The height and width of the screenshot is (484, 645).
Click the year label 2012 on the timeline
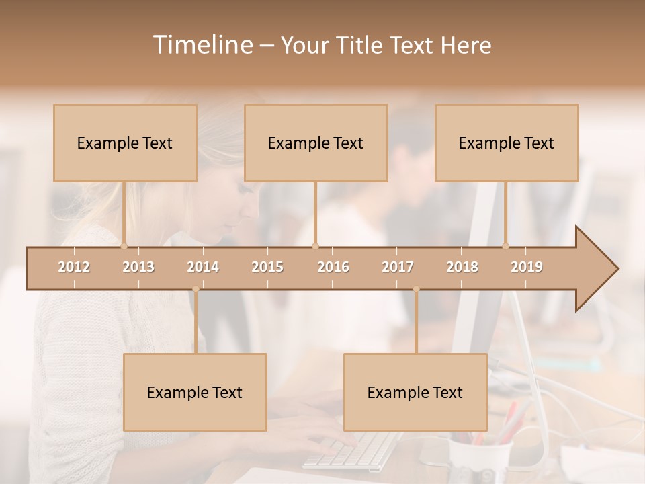(74, 267)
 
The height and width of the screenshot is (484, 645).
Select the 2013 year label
(138, 267)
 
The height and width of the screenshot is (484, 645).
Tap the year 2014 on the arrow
(203, 267)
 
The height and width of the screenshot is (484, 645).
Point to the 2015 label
(267, 267)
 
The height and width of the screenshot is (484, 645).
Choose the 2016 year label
(333, 267)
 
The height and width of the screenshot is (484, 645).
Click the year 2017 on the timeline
(398, 267)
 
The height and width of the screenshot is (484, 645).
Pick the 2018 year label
(462, 267)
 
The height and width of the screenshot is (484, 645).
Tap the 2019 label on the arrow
(527, 267)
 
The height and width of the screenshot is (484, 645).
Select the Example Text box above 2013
(125, 143)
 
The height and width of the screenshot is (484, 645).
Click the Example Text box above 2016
(316, 143)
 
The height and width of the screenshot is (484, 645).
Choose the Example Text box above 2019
(507, 143)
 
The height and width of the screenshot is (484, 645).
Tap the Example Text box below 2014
(195, 392)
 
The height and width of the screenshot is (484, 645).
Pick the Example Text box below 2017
(415, 392)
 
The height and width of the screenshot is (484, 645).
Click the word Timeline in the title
(202, 45)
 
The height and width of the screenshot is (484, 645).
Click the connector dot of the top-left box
(124, 246)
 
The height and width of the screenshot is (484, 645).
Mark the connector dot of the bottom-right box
(416, 290)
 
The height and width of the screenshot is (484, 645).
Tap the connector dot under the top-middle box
(315, 246)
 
